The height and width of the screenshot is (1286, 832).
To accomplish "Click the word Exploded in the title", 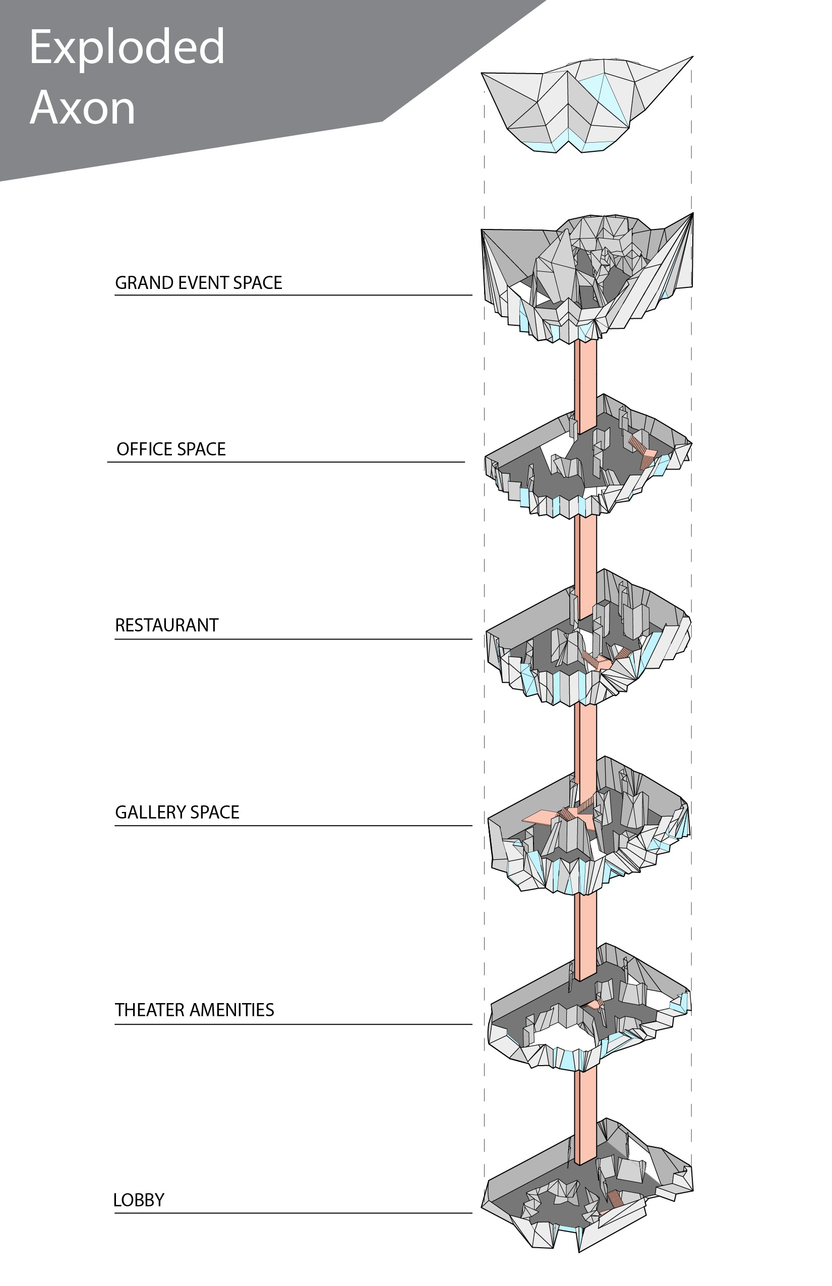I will (x=127, y=47).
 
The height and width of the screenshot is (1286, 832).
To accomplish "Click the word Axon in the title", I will (x=82, y=108).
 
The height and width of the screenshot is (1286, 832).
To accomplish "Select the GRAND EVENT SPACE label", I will (x=198, y=282).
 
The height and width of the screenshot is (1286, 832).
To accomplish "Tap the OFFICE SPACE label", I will (x=171, y=449).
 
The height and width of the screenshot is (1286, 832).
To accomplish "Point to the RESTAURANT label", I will (x=166, y=625).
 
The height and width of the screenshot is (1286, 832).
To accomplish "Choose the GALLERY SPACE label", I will (x=176, y=812).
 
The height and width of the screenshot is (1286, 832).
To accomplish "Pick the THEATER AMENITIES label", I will (x=194, y=1010).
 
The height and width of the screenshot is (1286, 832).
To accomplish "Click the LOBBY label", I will (x=138, y=1200).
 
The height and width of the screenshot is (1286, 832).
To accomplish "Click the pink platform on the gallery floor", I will (x=540, y=816).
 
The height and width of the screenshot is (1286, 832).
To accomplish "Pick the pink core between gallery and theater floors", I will (x=586, y=924).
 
